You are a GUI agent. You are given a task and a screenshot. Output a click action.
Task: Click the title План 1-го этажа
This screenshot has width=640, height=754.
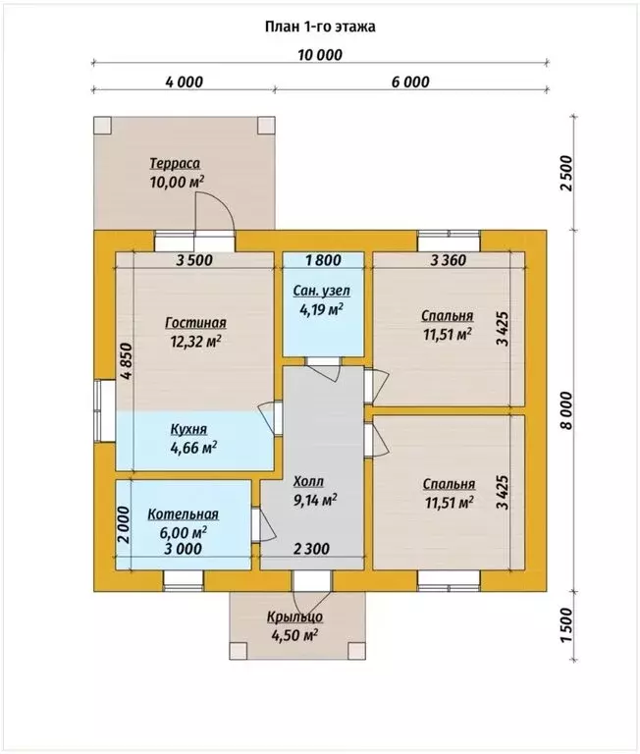coord(320,27)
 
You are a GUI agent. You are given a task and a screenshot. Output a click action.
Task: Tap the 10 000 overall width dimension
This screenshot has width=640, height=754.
coord(320,55)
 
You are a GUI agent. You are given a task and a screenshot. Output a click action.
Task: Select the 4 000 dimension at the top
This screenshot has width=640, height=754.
coord(185,81)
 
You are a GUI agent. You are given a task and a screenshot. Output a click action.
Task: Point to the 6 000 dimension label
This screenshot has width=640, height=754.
coord(410,81)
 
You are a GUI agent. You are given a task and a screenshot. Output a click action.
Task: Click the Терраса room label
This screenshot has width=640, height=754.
coord(175,164)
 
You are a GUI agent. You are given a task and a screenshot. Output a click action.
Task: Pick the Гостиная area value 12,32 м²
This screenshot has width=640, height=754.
coord(195,341)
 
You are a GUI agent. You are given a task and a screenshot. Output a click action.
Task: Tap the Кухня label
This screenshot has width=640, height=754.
coord(189,428)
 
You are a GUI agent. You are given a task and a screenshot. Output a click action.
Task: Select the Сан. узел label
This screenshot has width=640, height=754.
coord(322,291)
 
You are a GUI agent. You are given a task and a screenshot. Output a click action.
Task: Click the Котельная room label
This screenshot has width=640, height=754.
coord(183,514)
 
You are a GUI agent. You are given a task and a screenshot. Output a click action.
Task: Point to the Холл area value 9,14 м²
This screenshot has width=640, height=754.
coord(315,501)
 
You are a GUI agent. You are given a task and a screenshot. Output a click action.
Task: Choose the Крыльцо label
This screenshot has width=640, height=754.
coord(294,617)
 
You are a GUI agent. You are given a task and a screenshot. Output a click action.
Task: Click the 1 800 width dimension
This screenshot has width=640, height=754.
coord(324,260)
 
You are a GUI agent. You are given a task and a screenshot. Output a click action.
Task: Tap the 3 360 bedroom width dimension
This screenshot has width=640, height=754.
coord(449,260)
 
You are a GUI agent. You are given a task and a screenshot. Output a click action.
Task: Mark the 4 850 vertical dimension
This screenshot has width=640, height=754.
coord(126,361)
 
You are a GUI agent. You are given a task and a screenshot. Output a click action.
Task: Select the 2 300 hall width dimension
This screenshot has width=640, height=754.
coord(311,549)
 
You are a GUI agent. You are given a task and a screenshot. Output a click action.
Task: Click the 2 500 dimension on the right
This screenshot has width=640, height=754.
coord(567,173)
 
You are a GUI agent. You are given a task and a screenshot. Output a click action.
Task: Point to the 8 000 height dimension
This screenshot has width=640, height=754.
coord(567,410)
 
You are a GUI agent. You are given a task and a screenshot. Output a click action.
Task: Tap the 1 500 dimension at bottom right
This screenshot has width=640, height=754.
coord(567,625)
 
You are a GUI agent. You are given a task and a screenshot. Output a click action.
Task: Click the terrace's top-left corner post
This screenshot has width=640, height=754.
coord(102,126)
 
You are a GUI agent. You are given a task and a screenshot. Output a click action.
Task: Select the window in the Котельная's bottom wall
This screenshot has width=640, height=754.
coord(184,581)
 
